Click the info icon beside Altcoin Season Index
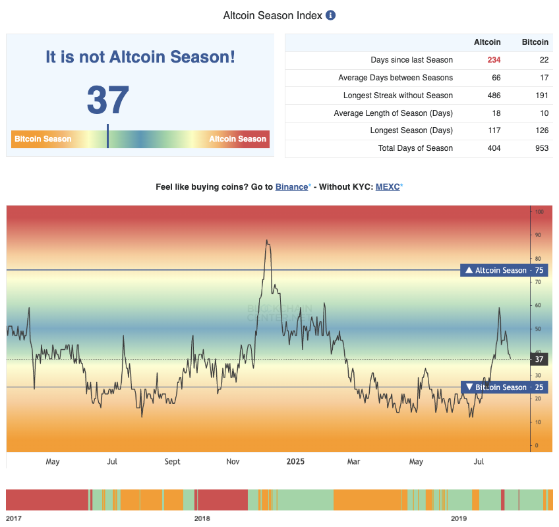331,15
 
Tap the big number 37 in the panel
107,100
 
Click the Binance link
291,187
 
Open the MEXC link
388,187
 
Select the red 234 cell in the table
494,60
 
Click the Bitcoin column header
535,42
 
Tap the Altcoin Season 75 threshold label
504,270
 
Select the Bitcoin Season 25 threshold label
504,387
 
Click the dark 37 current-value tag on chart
539,359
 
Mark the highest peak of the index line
266,240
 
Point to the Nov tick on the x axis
232,462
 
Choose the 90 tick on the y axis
539,235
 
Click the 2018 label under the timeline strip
202,518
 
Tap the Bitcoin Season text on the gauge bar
43,139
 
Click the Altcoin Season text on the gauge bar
237,139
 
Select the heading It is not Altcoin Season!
140,57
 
